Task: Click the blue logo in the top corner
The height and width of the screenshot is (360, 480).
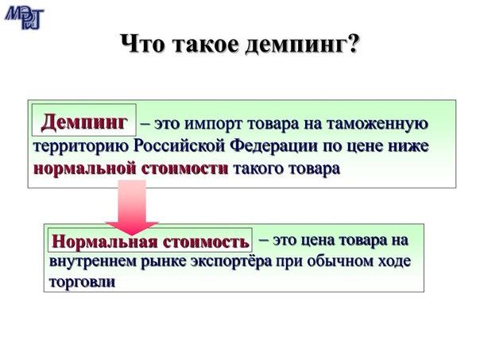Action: (x=24, y=17)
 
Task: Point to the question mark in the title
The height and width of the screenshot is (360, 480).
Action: (x=352, y=43)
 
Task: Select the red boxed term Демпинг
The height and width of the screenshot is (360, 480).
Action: (x=84, y=122)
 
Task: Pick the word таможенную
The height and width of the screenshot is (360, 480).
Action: (x=377, y=124)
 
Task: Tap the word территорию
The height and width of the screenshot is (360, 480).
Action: (x=81, y=146)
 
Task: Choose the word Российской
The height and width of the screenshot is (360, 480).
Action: (x=180, y=145)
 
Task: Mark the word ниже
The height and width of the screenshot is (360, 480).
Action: (x=408, y=146)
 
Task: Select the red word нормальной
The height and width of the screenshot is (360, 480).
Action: (x=84, y=168)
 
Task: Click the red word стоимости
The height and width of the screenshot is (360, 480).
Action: (x=184, y=168)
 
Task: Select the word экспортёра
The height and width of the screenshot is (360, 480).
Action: (x=231, y=262)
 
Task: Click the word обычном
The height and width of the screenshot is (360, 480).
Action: (x=340, y=261)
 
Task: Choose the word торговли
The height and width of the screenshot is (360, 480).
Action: (x=82, y=282)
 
